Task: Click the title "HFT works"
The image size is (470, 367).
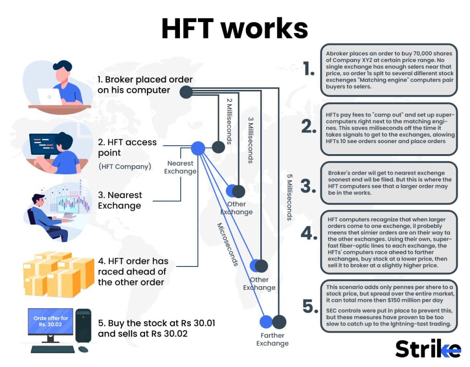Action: [x=235, y=28]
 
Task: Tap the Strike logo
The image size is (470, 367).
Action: [x=428, y=349]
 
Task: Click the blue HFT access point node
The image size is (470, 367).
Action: [x=198, y=148]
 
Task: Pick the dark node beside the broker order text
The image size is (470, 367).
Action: [x=185, y=92]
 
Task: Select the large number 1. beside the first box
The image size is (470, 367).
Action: [x=309, y=69]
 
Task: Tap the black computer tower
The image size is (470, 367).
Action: [x=83, y=326]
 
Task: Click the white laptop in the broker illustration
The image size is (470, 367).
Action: [x=49, y=96]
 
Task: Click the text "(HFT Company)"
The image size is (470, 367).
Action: [x=124, y=167]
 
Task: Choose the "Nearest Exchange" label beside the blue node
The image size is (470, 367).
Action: [x=181, y=167]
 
